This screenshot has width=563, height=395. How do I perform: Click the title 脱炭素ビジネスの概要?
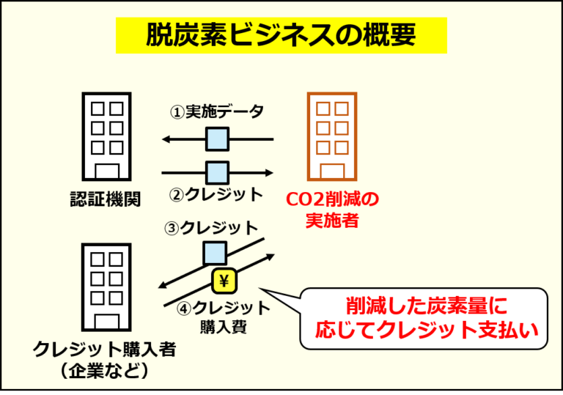pos(281,35)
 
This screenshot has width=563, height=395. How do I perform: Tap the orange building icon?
pos(332,136)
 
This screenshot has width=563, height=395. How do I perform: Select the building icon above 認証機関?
pos(106,136)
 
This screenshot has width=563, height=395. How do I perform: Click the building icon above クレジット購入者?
pos(106,287)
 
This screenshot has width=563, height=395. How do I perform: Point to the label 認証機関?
pos(106,199)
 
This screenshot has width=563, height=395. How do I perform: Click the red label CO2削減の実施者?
pos(332,210)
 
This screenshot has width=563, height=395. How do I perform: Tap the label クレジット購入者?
pos(105,349)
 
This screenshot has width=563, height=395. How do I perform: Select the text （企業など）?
pos(105,371)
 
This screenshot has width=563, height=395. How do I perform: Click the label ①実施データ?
pos(216,112)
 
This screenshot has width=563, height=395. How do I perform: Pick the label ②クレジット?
pos(216,195)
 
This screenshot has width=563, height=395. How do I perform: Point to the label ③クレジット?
pos(211,228)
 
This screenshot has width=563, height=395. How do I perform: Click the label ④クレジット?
pos(224,308)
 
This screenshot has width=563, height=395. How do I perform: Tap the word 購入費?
pos(224,327)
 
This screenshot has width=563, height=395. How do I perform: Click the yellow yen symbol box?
pos(224,281)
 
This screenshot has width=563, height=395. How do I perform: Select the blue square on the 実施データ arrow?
pos(217,139)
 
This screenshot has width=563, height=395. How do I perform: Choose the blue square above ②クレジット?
pos(217,173)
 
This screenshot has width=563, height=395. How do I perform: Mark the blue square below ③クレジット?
pos(215,253)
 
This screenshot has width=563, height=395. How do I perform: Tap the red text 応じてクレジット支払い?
pos(427,330)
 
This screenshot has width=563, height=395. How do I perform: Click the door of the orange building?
pos(332,171)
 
